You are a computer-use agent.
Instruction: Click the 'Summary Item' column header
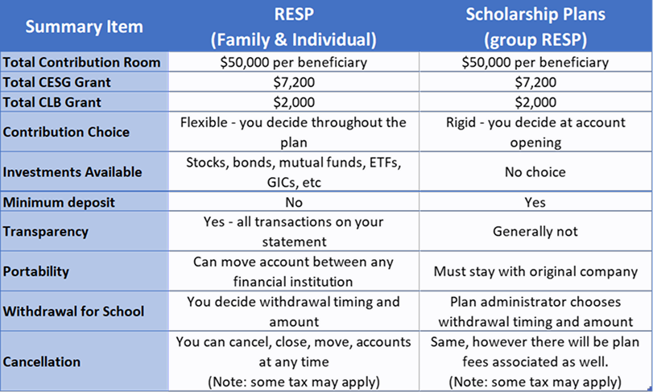pos(84,27)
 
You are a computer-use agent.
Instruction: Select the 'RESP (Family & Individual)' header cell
pos(294,27)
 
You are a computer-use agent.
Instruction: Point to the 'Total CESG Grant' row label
pos(59,82)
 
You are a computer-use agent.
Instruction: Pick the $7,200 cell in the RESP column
pos(294,82)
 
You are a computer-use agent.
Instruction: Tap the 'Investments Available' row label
pos(72,171)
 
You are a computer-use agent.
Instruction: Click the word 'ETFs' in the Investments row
pos(383,162)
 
